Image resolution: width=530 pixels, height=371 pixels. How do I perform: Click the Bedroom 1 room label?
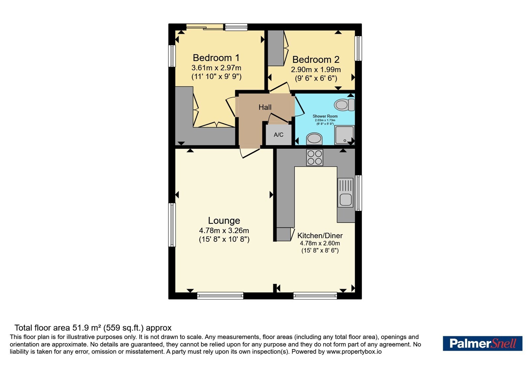click(x=216, y=58)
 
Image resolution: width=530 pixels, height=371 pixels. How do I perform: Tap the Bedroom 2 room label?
click(x=316, y=59)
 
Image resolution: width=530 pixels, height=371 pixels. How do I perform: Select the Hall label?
click(x=265, y=107)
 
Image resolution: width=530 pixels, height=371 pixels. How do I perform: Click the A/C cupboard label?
click(x=279, y=134)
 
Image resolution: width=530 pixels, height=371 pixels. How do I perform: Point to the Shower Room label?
click(x=325, y=116)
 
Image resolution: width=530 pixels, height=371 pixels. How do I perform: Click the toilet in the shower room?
click(x=344, y=105)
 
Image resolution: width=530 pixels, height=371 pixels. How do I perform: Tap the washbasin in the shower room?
click(x=314, y=139)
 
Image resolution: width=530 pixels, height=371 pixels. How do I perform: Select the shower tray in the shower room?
click(x=344, y=135)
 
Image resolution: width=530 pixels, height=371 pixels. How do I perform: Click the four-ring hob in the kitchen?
click(x=314, y=157)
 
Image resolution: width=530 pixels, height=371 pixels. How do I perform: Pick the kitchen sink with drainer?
click(x=345, y=192)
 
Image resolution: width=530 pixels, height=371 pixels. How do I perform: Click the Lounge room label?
click(x=224, y=221)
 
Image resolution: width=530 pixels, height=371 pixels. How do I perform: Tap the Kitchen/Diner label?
click(x=320, y=236)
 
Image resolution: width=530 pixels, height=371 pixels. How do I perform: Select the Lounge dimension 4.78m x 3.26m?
click(x=224, y=231)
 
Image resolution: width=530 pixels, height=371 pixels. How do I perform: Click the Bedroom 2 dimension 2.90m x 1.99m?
click(x=316, y=70)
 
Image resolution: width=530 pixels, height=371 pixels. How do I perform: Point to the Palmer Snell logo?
click(x=482, y=343)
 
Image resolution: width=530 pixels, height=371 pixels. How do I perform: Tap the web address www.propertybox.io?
click(x=354, y=351)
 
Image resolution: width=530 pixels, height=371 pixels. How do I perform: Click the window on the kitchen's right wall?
click(x=358, y=193)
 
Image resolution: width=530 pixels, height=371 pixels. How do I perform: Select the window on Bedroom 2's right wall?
click(x=358, y=48)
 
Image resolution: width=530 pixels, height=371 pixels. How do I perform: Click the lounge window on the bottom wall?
click(x=220, y=296)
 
